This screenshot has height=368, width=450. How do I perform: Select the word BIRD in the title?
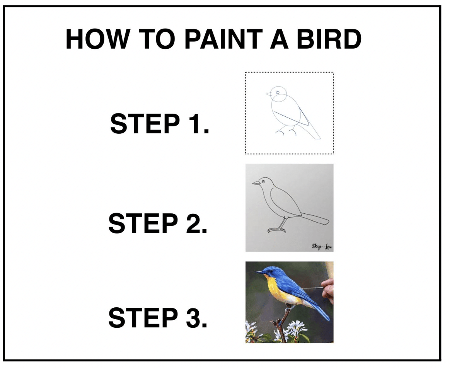tap(329, 39)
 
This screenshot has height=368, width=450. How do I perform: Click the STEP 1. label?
tap(159, 123)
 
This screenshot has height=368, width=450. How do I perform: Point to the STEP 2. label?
tap(158, 223)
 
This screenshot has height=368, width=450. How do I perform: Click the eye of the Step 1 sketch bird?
tap(278, 92)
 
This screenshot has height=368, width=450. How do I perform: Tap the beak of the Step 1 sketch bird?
tap(269, 94)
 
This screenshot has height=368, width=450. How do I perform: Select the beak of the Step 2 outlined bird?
tap(256, 182)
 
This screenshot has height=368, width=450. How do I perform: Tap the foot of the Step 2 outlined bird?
tap(277, 230)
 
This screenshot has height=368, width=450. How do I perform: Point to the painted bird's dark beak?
tap(259, 272)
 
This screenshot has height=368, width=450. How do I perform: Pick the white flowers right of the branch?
tap(296, 329)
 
